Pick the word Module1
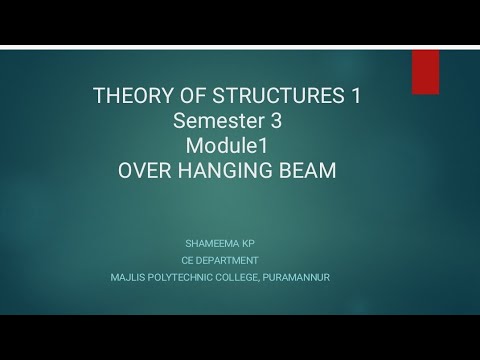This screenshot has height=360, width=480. tap(227, 146)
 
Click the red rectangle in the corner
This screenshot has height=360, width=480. tap(425, 72)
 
